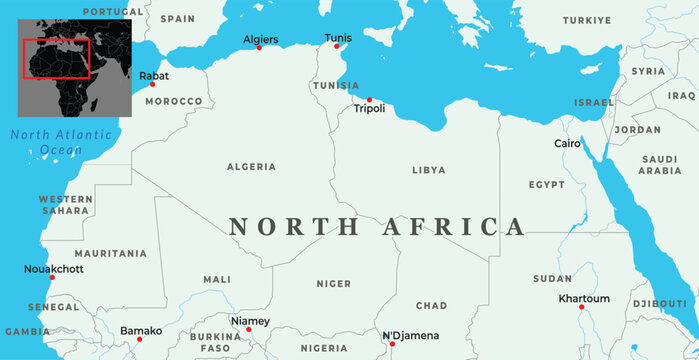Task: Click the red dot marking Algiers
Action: [258, 48]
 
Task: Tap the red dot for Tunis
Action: [337, 46]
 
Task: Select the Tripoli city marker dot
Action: [369, 99]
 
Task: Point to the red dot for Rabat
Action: [152, 84]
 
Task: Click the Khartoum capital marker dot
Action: [581, 307]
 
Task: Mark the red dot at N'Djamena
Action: [392, 344]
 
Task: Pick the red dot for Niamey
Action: [249, 329]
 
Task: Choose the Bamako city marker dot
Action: [121, 339]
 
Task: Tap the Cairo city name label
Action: [567, 144]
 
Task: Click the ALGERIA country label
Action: [252, 167]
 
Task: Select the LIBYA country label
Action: [429, 170]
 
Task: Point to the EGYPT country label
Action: [547, 185]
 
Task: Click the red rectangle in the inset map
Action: [56, 60]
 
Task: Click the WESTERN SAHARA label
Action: [65, 205]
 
